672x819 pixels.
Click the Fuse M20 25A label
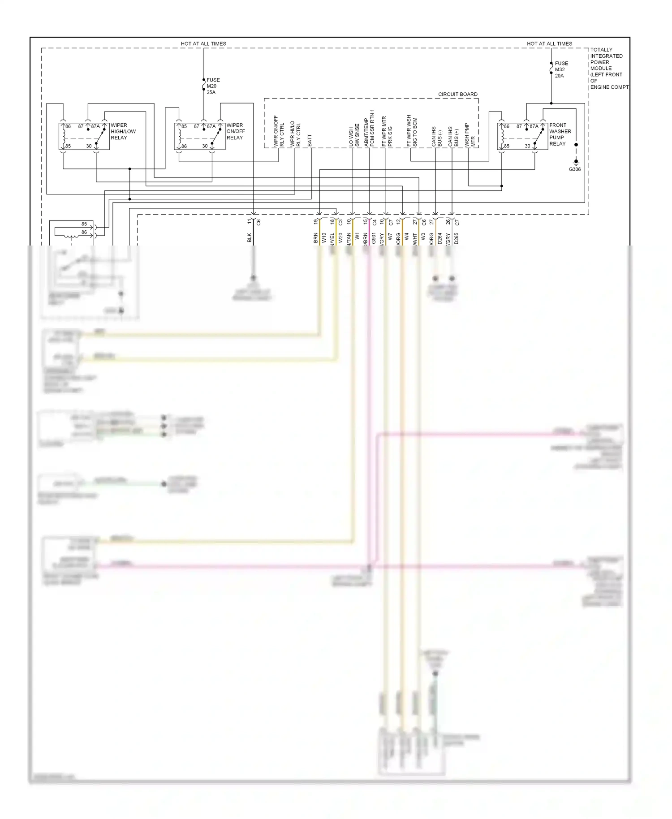pos(213,86)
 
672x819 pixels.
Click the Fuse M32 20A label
pos(561,69)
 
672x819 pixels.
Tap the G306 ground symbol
pos(576,162)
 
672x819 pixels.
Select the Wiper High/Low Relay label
pos(123,131)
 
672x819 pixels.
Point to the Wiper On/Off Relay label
pos(235,131)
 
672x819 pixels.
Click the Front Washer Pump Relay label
pos(560,134)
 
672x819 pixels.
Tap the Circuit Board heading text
pos(457,94)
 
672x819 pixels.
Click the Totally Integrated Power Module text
pos(608,69)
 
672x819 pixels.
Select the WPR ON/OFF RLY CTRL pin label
pos(279,131)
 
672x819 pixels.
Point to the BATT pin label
pos(310,140)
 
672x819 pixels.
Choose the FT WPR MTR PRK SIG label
pos(387,131)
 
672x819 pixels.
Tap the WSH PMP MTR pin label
pos(470,135)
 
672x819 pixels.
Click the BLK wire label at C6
pos(250,237)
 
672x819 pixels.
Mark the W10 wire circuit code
pos(324,237)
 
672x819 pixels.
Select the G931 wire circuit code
pos(374,238)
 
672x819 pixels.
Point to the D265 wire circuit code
pos(456,238)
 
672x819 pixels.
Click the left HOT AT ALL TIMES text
pos(203,43)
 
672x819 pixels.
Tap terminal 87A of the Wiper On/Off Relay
pos(211,126)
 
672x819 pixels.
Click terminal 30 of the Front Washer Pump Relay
pos(527,146)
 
